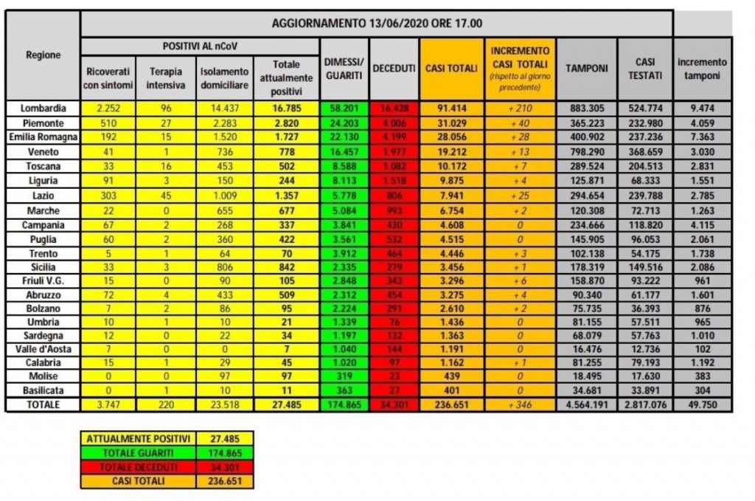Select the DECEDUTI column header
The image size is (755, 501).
click(394, 68)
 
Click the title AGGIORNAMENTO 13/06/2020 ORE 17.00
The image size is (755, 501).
click(377, 23)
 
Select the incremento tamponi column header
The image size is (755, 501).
click(702, 68)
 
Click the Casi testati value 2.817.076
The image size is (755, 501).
click(641, 404)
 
